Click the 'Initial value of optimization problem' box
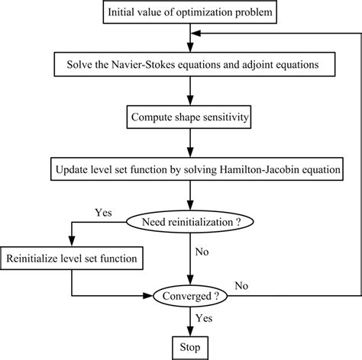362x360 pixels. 186,12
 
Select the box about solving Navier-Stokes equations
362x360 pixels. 186,64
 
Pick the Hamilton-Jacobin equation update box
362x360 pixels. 186,169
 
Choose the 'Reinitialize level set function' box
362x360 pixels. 72,259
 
